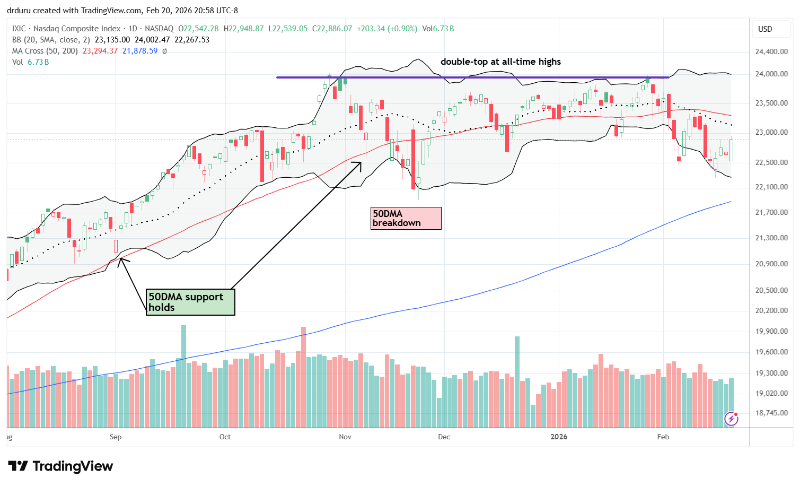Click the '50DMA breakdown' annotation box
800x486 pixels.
(x=406, y=218)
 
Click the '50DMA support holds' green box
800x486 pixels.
(x=191, y=302)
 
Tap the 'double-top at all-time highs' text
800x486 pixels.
(x=500, y=62)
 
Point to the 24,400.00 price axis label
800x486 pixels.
(x=771, y=51)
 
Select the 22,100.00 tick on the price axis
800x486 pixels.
(x=771, y=187)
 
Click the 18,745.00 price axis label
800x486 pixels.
(x=771, y=413)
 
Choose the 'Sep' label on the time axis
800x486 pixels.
(x=116, y=437)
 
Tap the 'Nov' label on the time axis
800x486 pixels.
(x=345, y=437)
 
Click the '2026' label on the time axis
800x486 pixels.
(x=559, y=437)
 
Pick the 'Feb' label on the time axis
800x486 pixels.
(x=663, y=437)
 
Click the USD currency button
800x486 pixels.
(x=765, y=29)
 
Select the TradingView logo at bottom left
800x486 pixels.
(x=61, y=466)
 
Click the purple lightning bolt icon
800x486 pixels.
(x=732, y=419)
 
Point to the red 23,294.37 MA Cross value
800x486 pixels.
(x=100, y=51)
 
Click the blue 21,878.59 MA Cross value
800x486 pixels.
(x=140, y=51)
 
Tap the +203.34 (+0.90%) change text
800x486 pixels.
(x=386, y=29)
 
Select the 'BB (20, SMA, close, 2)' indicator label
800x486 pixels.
(x=51, y=40)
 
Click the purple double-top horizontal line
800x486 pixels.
(x=472, y=77)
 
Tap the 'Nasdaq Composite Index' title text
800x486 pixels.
(x=77, y=29)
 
